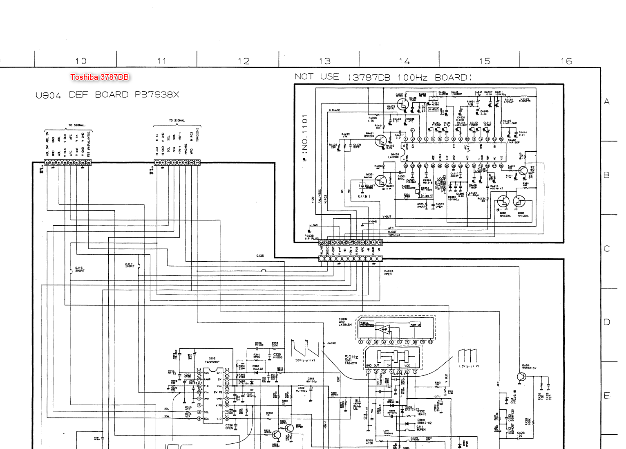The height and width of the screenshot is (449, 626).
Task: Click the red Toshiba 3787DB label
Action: pyautogui.click(x=99, y=77)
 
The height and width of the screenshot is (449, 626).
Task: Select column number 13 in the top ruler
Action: pyautogui.click(x=325, y=61)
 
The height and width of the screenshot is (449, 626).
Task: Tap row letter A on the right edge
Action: pyautogui.click(x=607, y=101)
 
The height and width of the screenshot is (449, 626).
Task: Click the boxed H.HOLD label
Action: pyautogui.click(x=433, y=109)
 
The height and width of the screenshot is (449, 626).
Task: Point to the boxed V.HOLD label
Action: pyautogui.click(x=427, y=196)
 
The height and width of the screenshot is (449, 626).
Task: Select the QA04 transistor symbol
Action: pyautogui.click(x=522, y=377)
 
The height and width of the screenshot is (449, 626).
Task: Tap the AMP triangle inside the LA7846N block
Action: pyautogui.click(x=384, y=330)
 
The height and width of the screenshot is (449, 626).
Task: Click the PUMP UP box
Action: pyautogui.click(x=415, y=325)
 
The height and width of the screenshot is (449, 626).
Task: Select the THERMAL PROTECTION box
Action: pyautogui.click(x=367, y=324)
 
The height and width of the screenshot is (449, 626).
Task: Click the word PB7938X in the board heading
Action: pyautogui.click(x=157, y=95)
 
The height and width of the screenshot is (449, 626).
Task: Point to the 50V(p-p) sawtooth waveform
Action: pyautogui.click(x=305, y=348)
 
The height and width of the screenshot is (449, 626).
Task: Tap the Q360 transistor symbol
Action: pyautogui.click(x=519, y=201)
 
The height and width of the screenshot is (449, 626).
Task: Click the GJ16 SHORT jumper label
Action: pyautogui.click(x=80, y=269)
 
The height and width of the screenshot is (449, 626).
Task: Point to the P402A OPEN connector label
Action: pyautogui.click(x=388, y=272)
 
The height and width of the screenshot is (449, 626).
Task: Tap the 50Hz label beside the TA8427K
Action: pyautogui.click(x=351, y=357)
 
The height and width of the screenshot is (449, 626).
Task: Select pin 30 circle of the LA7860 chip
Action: pyautogui.click(x=406, y=166)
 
